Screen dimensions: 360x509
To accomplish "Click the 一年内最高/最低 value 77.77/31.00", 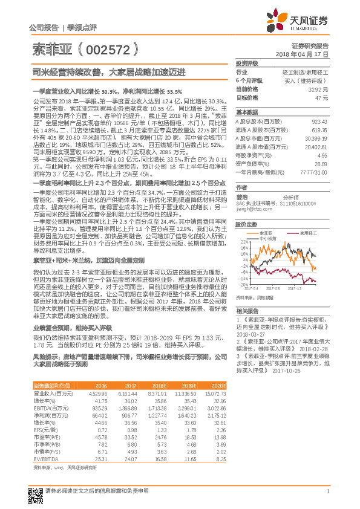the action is click(x=314, y=172).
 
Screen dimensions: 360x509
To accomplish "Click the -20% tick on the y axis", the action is click(x=240, y=284).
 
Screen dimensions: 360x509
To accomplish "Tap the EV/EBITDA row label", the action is click(x=46, y=459).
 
